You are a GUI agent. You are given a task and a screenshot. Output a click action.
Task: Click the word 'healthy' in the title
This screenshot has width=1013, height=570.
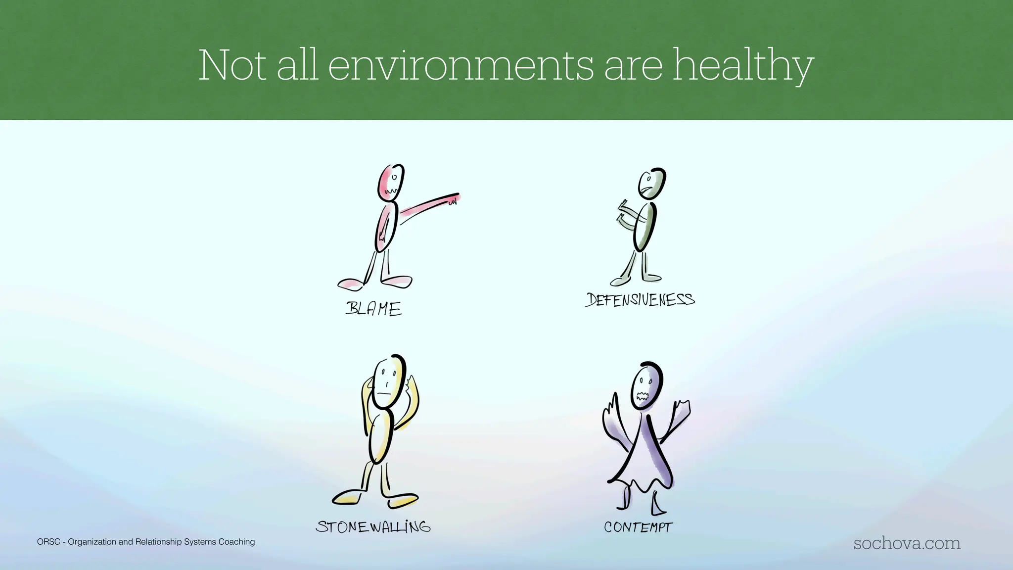pos(742,66)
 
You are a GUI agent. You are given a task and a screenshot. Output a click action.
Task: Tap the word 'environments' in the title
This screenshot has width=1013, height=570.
pos(460,66)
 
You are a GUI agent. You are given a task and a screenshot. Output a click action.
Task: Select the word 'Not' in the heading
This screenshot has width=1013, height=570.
pos(232,66)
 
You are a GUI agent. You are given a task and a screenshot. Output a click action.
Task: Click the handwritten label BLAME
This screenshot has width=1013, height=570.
pos(373,309)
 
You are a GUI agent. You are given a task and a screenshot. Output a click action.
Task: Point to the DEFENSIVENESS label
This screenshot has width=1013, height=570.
pos(640,300)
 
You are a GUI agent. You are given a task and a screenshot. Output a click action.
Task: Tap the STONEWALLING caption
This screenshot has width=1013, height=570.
pos(373,526)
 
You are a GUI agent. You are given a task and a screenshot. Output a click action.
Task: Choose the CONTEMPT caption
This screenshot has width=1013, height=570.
pos(638,527)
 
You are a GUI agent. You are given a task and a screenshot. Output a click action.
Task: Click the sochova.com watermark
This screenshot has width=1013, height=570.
pos(907,543)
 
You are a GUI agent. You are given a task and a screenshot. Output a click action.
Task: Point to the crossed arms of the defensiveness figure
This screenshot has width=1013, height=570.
pos(627,216)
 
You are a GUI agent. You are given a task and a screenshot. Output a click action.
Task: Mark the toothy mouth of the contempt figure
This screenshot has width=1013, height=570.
pos(643,396)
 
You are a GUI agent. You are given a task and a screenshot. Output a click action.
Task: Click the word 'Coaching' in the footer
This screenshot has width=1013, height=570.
pos(237,542)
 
